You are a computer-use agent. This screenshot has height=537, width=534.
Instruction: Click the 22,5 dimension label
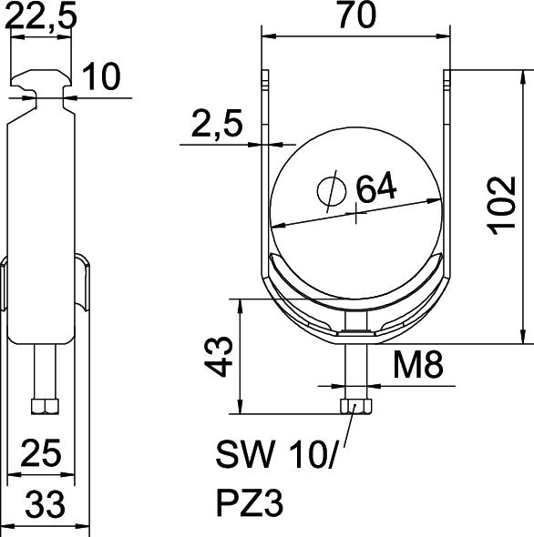(x=41, y=15)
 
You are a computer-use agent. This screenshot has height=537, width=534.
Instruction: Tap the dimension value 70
(x=357, y=15)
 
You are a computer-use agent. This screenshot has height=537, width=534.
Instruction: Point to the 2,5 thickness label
(x=217, y=124)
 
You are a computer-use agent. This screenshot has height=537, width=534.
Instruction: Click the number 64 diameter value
(x=376, y=187)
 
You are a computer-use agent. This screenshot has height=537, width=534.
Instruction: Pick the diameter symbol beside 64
(x=332, y=191)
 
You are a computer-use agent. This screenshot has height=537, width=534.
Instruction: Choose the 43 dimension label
(x=219, y=357)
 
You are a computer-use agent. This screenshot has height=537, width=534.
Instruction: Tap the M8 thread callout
(x=417, y=365)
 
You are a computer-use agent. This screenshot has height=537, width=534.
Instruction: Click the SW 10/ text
(x=275, y=454)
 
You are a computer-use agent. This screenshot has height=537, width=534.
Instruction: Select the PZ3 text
(x=250, y=503)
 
